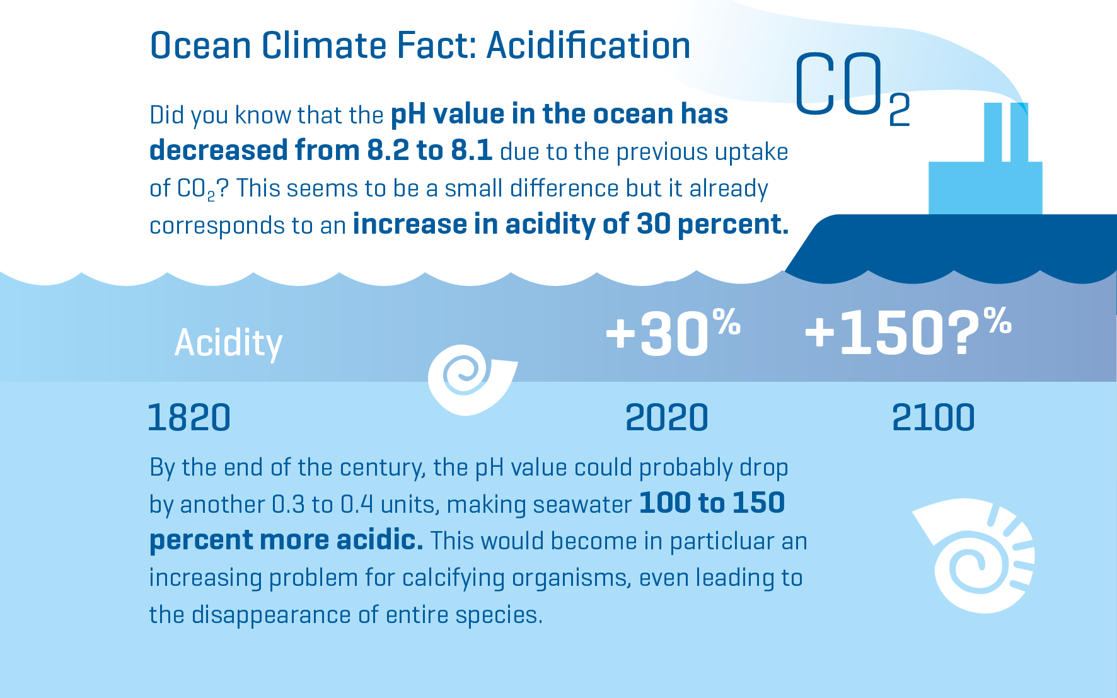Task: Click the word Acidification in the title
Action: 588,45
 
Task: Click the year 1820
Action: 189,418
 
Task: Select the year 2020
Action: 667,418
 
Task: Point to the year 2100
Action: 934,418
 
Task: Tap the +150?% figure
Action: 908,332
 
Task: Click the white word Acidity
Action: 228,343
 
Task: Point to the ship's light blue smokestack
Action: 1006,132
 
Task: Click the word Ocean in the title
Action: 201,45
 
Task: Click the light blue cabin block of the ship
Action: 985,188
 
